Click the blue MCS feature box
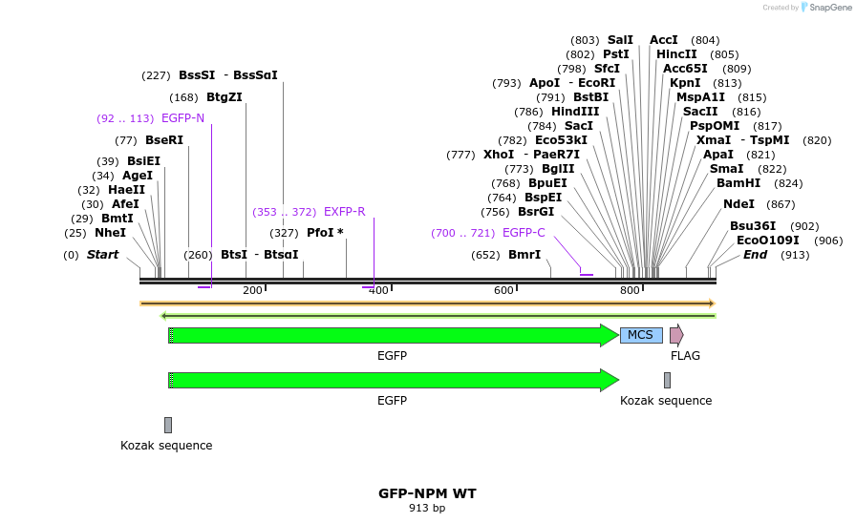[x=641, y=335]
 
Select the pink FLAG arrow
[x=676, y=335]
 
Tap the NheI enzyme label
[x=110, y=233]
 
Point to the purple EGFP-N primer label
[x=182, y=118]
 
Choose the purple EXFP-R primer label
[x=344, y=212]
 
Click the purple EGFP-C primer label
[x=524, y=233]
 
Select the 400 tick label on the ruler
[x=378, y=290]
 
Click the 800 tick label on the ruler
[x=630, y=290]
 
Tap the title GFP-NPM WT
[x=427, y=493]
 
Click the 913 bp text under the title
[x=427, y=509]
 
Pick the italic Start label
[x=102, y=255]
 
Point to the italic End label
[x=755, y=255]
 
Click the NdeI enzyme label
[x=738, y=204]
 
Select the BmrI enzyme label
[x=524, y=255]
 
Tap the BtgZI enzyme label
[x=225, y=97]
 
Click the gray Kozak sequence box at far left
[x=168, y=425]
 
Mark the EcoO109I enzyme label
[x=767, y=241]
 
